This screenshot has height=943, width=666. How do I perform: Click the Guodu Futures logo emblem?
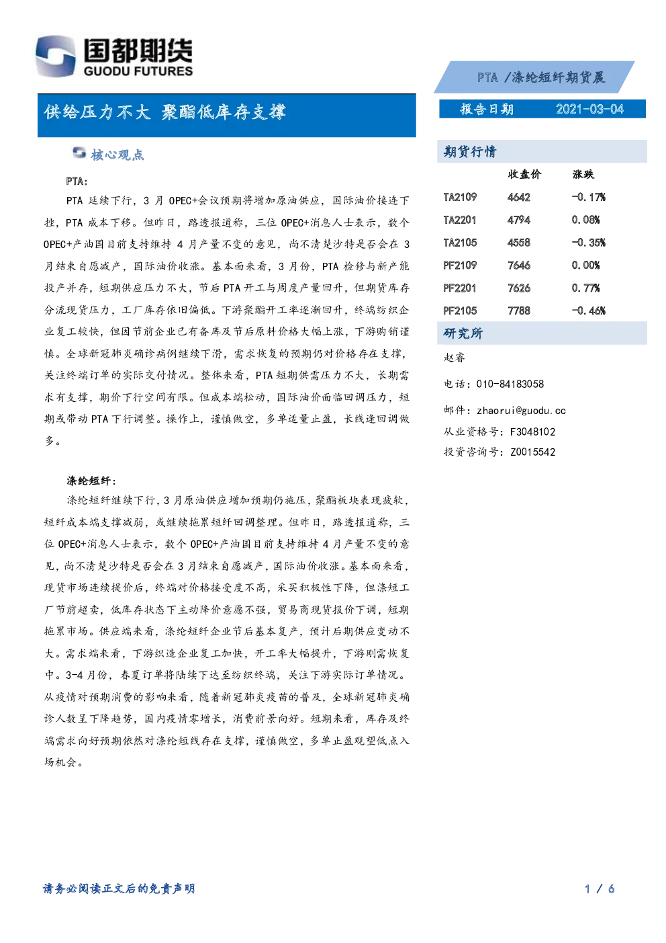click(x=56, y=56)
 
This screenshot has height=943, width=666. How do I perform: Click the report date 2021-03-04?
click(x=589, y=110)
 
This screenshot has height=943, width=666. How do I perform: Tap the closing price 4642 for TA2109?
click(x=519, y=197)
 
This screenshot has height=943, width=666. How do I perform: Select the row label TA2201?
click(x=460, y=220)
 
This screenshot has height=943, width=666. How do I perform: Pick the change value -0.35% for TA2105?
click(x=588, y=243)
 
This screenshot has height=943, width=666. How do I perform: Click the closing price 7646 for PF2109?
click(x=519, y=265)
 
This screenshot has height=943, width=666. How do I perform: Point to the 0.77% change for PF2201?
click(x=585, y=288)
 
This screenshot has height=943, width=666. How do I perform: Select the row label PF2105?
click(x=460, y=311)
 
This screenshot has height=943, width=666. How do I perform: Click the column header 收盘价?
click(x=524, y=174)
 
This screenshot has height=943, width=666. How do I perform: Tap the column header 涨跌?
click(x=583, y=174)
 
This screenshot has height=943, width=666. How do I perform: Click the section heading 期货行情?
click(x=470, y=151)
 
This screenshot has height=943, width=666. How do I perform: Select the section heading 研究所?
click(x=463, y=333)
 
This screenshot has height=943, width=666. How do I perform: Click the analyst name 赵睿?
click(x=455, y=358)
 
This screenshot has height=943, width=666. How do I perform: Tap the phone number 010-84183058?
click(x=510, y=384)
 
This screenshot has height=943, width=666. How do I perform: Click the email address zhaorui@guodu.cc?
click(x=522, y=411)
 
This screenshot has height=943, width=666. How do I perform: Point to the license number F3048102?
click(x=532, y=432)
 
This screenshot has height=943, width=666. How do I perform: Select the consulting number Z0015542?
click(x=532, y=452)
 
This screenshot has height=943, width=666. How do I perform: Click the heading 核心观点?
click(x=117, y=155)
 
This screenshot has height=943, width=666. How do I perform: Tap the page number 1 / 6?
click(x=600, y=889)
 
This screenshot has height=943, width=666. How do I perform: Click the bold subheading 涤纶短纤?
click(x=91, y=481)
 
